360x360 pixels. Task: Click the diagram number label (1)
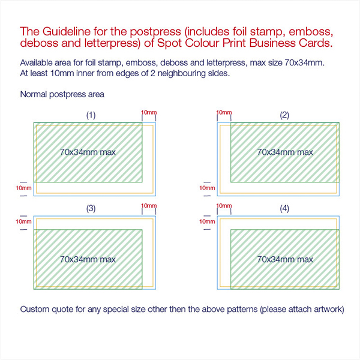click(91, 115)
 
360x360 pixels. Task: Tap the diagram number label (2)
click(284, 115)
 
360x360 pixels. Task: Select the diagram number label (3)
click(91, 208)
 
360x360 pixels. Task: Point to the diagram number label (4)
click(284, 208)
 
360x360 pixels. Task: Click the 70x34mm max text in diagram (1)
click(88, 152)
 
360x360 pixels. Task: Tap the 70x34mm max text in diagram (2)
click(285, 152)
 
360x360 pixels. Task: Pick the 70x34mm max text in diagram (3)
click(88, 259)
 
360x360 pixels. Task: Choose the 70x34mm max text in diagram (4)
click(285, 259)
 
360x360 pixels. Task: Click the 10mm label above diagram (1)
click(149, 112)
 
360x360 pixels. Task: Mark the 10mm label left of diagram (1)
click(23, 188)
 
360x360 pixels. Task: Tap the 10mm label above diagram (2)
click(224, 112)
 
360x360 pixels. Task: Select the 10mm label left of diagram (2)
click(207, 188)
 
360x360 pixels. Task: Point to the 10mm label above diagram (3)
click(149, 205)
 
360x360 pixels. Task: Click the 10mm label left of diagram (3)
click(23, 221)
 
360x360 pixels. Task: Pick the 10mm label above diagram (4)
click(224, 205)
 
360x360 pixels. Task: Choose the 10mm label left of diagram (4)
click(207, 221)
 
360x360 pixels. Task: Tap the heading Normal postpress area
click(62, 94)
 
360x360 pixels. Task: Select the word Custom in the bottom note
click(35, 309)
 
